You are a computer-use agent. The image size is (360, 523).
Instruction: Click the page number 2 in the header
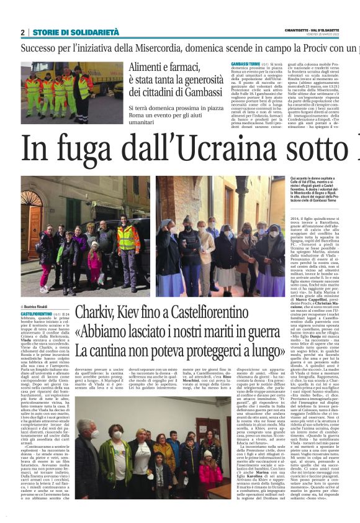coord(22,32)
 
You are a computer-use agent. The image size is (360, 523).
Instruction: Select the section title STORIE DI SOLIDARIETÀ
coord(66,32)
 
